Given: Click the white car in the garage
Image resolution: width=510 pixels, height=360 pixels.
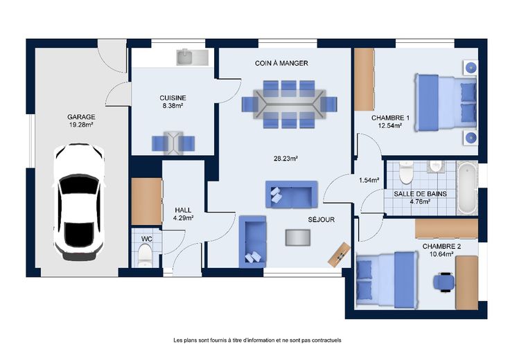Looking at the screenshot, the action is (79, 202).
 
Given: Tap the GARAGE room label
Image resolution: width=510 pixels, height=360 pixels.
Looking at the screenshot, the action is (81, 116).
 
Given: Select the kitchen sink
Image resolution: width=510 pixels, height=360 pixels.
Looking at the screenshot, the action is (192, 57).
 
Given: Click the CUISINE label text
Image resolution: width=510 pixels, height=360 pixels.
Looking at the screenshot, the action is (173, 98).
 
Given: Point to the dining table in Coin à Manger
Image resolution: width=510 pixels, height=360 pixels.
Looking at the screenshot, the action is (289, 105).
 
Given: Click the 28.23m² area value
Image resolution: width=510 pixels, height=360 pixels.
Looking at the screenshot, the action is (286, 159).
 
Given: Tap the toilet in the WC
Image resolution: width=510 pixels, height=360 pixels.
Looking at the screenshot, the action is (145, 255).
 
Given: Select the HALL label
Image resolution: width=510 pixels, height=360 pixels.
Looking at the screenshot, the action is (183, 210).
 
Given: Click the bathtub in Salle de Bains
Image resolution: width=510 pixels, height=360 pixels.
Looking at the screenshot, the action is (468, 188).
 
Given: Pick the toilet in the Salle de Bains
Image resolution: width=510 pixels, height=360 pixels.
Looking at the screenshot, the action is (405, 172).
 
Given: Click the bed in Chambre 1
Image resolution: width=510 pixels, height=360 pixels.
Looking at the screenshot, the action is (445, 102).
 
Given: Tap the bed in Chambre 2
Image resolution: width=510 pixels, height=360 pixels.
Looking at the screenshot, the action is (387, 280).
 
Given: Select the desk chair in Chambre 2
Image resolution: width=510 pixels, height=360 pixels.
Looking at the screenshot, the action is (444, 282).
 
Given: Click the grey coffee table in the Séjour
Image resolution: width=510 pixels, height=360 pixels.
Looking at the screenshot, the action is (297, 237).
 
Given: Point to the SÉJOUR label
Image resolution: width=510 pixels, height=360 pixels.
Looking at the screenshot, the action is (322, 219).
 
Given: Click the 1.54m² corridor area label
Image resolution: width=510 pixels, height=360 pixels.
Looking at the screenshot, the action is (369, 180).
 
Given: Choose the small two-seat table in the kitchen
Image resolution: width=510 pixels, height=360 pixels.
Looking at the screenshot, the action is (173, 143).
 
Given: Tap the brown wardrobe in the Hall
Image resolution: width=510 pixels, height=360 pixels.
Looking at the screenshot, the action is (147, 201).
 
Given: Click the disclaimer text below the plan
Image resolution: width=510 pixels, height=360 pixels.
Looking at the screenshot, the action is (257, 340).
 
